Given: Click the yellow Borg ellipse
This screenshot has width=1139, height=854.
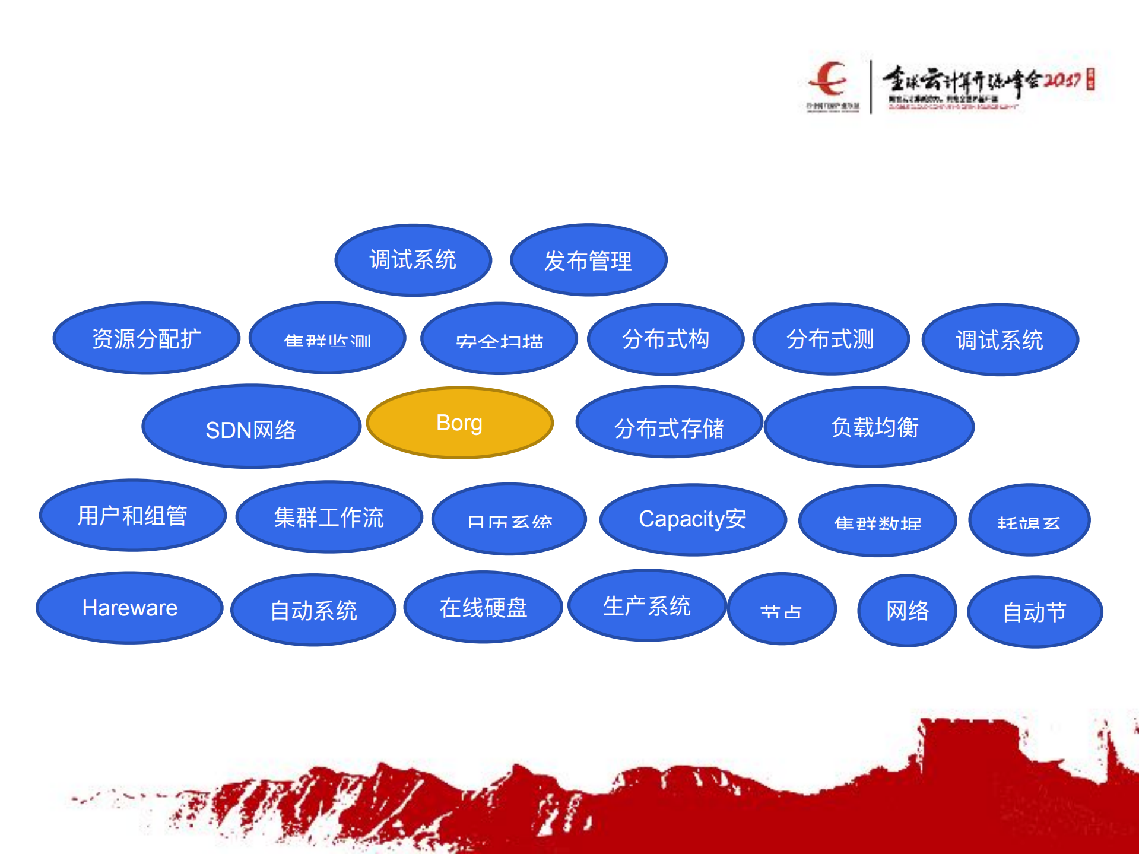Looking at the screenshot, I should (x=459, y=423).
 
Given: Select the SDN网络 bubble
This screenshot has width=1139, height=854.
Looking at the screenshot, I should (x=251, y=427).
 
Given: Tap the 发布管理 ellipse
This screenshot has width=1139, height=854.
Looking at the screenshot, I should (x=588, y=260).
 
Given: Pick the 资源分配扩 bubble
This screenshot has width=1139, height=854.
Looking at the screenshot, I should (x=146, y=338).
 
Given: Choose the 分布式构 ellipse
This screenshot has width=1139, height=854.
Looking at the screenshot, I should (x=665, y=339).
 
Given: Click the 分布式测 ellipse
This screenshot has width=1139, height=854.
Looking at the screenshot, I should (x=830, y=339).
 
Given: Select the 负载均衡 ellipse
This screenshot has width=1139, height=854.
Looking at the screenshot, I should (x=869, y=427).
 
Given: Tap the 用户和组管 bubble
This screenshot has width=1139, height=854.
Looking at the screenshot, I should (x=132, y=515).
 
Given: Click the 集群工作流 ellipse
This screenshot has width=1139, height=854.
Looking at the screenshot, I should (x=329, y=517).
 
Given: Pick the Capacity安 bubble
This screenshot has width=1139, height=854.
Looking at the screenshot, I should (x=693, y=519).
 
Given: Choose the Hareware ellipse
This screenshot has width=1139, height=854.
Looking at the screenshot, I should (x=129, y=608).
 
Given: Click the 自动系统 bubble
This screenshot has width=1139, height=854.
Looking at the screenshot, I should (x=313, y=610).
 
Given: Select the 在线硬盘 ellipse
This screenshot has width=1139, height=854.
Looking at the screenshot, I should (x=483, y=607).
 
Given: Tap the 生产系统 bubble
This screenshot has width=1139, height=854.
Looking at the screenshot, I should (x=647, y=605).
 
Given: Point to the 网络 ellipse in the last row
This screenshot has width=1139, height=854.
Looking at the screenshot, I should (x=907, y=611).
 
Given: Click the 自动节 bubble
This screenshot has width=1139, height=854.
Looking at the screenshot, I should (x=1035, y=612).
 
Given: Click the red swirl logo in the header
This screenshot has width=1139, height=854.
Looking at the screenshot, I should (x=829, y=79).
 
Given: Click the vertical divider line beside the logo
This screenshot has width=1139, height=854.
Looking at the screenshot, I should (x=871, y=87).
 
